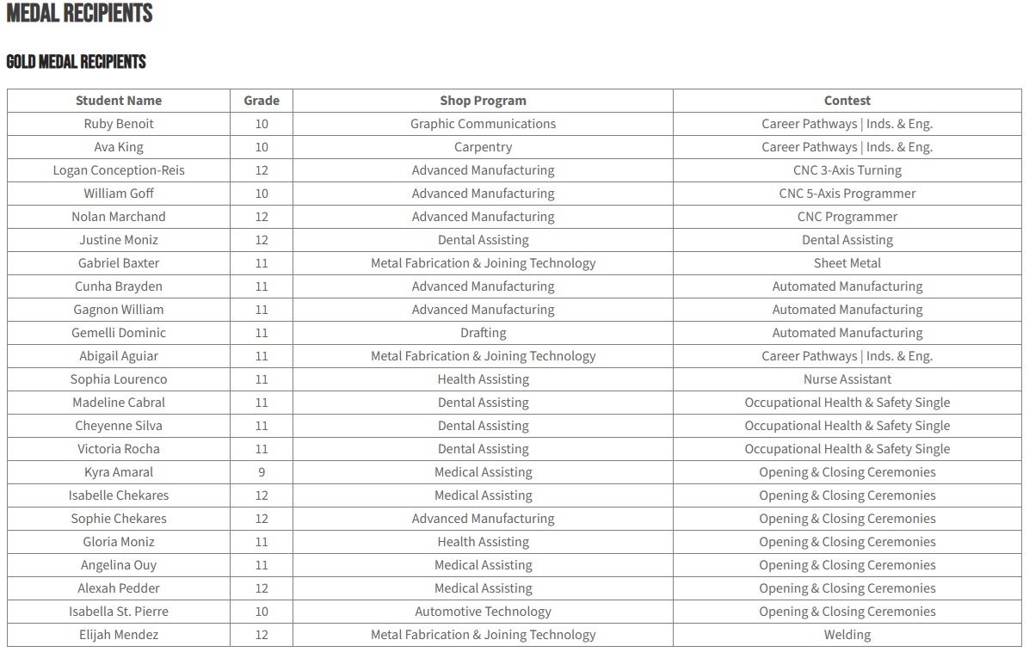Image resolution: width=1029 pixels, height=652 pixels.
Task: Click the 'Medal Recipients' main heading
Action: click(x=80, y=14)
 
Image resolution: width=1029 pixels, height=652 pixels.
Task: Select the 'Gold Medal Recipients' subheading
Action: click(x=77, y=62)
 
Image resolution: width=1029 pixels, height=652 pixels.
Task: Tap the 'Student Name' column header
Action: click(x=119, y=101)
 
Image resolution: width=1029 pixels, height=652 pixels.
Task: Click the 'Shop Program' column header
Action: click(x=483, y=101)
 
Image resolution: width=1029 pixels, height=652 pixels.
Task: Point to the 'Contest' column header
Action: click(x=847, y=101)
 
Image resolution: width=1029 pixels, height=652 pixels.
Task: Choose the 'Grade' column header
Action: click(x=262, y=101)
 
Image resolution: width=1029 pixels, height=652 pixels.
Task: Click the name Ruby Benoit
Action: click(x=119, y=124)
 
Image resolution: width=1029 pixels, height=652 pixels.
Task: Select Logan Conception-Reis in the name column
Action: click(x=119, y=170)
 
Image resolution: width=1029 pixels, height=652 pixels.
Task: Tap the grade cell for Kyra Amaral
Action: click(x=262, y=472)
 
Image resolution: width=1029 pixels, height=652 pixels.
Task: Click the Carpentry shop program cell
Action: click(x=483, y=147)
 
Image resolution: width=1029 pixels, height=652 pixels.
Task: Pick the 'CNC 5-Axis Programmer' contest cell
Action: click(x=847, y=194)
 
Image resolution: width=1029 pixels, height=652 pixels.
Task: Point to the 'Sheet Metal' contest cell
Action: click(x=847, y=263)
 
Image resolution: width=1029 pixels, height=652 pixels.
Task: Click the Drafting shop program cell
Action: click(x=483, y=333)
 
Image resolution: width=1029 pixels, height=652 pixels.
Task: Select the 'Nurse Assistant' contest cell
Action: click(x=847, y=379)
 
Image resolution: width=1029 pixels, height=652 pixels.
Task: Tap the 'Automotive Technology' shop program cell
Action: click(x=483, y=612)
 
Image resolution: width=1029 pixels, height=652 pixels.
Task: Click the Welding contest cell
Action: click(x=847, y=635)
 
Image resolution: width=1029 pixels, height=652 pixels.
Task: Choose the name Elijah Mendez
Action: click(x=119, y=635)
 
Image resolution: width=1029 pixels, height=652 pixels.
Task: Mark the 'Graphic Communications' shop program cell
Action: click(x=483, y=124)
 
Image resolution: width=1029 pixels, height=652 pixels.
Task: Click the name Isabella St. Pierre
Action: click(x=119, y=612)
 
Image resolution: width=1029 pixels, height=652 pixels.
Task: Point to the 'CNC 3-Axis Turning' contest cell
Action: click(x=847, y=170)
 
